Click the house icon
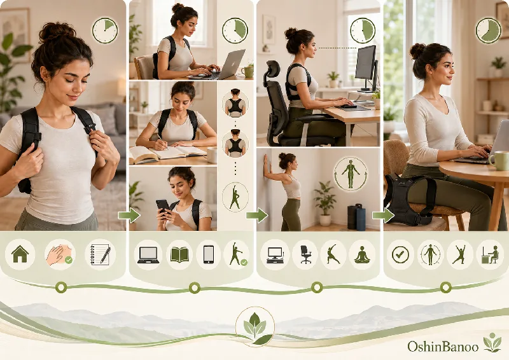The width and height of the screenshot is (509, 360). [20, 254]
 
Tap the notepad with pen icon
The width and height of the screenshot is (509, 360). [101, 254]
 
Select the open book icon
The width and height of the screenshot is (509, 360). [179, 255]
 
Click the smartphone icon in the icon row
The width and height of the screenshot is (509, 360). [209, 254]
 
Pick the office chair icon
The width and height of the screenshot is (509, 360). [305, 254]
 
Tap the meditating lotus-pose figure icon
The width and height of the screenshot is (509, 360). [362, 254]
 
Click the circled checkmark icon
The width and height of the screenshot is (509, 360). [400, 255]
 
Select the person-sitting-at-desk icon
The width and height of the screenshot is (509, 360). [490, 254]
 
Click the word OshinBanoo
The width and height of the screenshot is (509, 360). [443, 347]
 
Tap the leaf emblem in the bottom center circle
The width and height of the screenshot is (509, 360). [255, 327]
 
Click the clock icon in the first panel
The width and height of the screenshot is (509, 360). [105, 31]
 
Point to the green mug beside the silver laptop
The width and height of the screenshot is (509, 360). [248, 71]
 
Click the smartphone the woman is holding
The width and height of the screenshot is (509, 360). [163, 207]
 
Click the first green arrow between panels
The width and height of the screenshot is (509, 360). [129, 215]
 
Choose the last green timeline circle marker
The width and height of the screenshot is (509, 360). [446, 287]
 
